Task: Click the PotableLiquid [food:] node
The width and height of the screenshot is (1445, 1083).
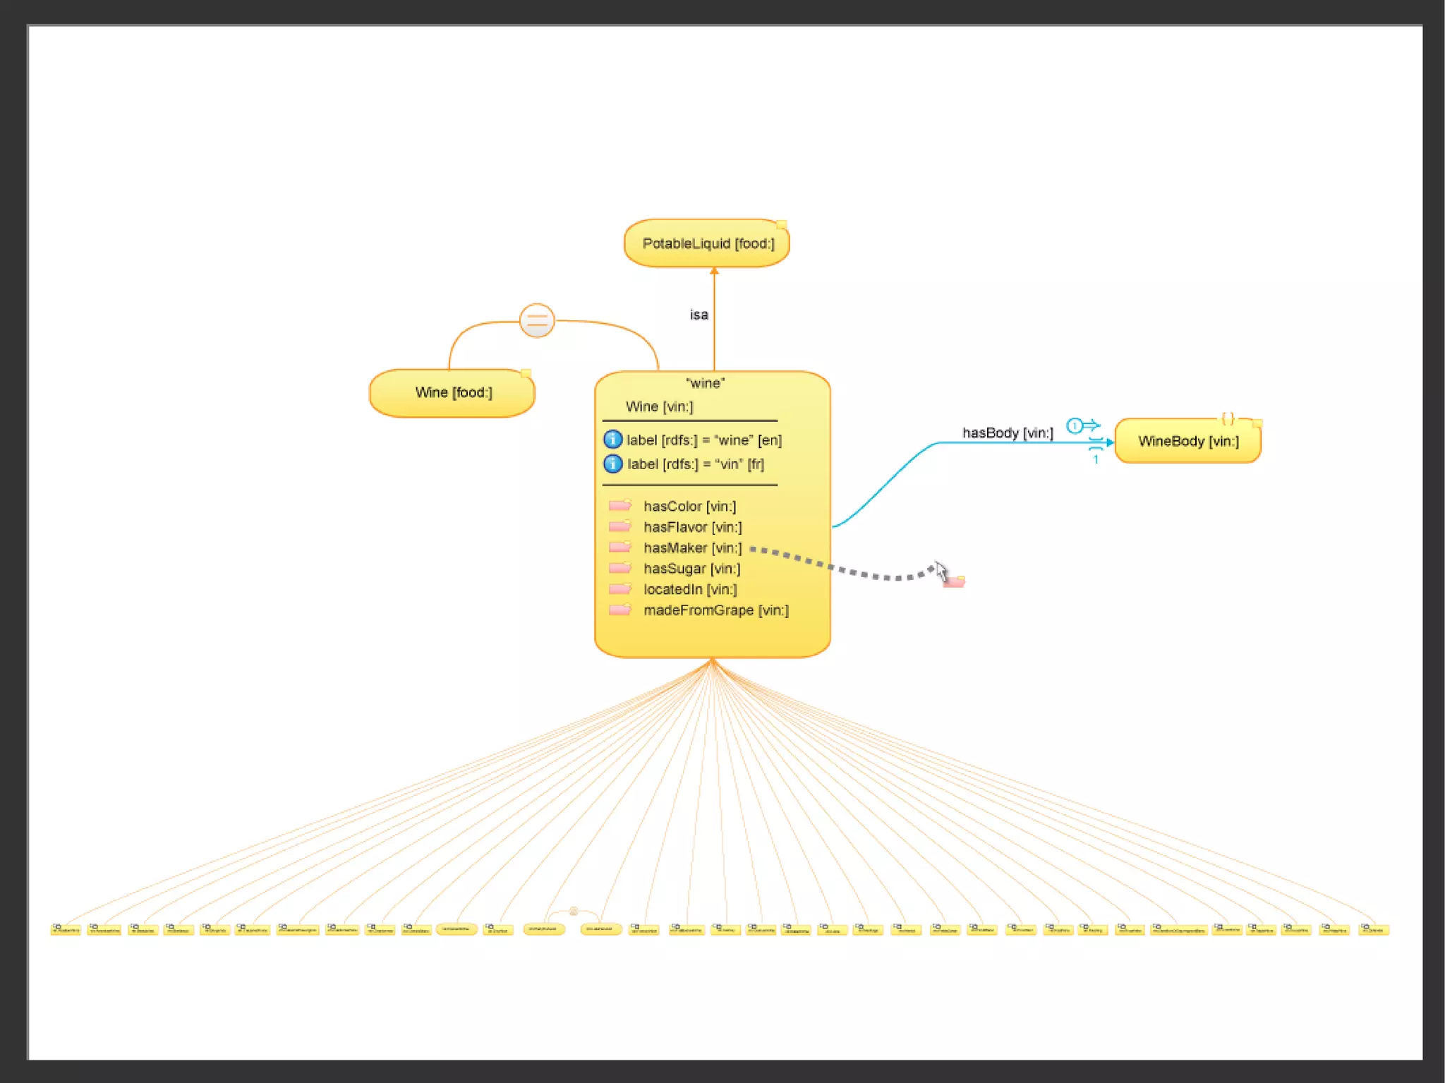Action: pyautogui.click(x=707, y=243)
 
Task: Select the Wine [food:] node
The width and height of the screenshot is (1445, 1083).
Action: pyautogui.click(x=452, y=392)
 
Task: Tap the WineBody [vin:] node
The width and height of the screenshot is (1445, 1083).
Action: pyautogui.click(x=1188, y=442)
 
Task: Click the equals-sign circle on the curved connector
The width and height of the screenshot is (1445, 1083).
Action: pyautogui.click(x=537, y=321)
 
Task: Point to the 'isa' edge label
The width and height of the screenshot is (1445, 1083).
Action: pyautogui.click(x=699, y=315)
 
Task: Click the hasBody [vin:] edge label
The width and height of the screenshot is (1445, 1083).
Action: pyautogui.click(x=1008, y=433)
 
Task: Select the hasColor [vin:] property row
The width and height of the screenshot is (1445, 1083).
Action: pyautogui.click(x=689, y=506)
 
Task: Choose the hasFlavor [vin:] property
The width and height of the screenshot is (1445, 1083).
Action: pyautogui.click(x=692, y=527)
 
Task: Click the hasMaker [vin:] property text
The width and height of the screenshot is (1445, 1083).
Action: pyautogui.click(x=692, y=547)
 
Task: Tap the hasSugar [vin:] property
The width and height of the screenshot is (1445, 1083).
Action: pyautogui.click(x=691, y=569)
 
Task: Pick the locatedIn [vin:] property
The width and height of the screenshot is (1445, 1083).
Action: pyautogui.click(x=690, y=589)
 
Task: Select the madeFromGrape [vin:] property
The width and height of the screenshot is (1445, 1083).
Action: pyautogui.click(x=715, y=610)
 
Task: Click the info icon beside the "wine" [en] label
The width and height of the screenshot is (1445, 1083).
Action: pyautogui.click(x=612, y=440)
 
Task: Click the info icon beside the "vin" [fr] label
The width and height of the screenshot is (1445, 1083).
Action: pyautogui.click(x=612, y=464)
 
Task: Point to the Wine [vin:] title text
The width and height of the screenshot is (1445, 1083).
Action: pyautogui.click(x=659, y=406)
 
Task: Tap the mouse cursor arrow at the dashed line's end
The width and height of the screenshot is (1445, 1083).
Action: pyautogui.click(x=941, y=571)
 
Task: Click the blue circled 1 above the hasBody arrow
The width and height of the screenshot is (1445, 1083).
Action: pyautogui.click(x=1074, y=425)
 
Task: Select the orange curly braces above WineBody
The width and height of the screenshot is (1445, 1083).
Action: pyautogui.click(x=1228, y=418)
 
